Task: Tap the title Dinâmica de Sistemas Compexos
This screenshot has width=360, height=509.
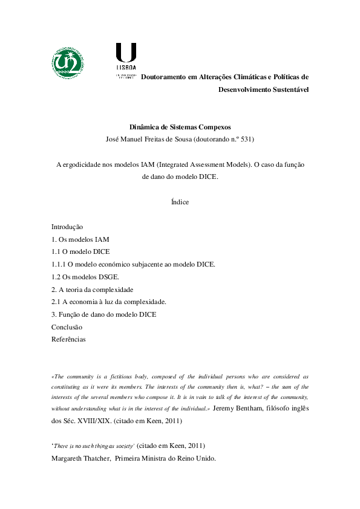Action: coord(180,128)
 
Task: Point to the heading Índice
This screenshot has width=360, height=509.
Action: coord(180,202)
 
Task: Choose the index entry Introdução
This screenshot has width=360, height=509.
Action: coord(67,227)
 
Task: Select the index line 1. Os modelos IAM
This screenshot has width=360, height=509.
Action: coord(80,239)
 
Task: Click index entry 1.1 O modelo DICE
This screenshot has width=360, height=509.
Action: coord(80,251)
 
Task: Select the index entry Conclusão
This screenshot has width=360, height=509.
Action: coord(67,327)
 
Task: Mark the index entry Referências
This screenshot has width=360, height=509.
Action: coord(68,339)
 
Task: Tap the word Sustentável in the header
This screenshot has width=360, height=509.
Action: coord(287,89)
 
